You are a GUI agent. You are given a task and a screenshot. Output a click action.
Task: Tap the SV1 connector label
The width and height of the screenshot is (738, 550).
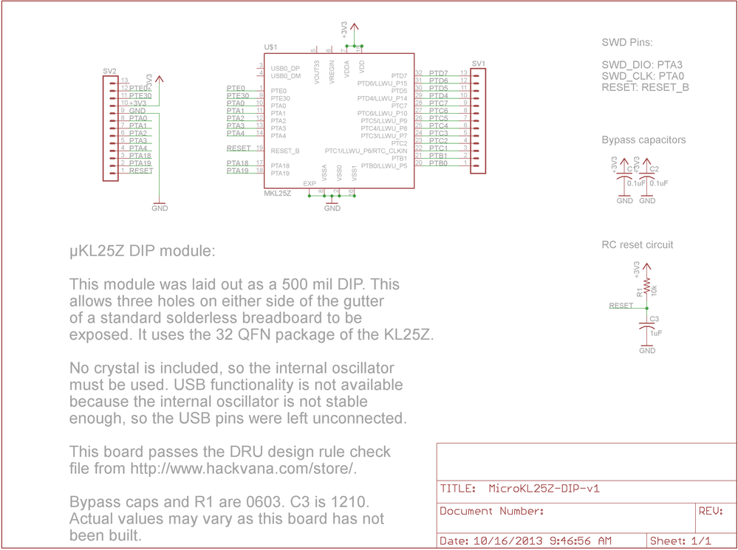[478, 63]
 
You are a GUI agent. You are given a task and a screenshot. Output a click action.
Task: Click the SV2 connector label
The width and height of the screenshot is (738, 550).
[109, 71]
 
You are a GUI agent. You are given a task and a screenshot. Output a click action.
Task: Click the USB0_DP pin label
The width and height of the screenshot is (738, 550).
[285, 69]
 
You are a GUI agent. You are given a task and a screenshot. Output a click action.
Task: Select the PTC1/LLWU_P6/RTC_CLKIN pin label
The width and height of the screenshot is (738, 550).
[366, 151]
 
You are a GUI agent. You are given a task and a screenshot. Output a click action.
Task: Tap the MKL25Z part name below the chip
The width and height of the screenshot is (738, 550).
[277, 193]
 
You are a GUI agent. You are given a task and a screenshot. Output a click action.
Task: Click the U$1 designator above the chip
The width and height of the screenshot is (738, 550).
[270, 47]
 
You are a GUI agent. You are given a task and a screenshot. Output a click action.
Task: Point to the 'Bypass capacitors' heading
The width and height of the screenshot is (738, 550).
[643, 140]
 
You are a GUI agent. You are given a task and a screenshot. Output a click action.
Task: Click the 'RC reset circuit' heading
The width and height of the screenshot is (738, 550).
[638, 244]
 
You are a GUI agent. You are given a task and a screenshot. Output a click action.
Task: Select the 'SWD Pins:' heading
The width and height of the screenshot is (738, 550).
[627, 43]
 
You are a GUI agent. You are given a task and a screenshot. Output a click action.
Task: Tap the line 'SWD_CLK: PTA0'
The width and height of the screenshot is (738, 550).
[642, 75]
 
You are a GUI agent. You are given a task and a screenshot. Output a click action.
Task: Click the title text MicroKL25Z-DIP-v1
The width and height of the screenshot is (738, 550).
[544, 488]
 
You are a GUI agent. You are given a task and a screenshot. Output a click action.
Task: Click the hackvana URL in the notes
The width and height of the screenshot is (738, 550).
[244, 469]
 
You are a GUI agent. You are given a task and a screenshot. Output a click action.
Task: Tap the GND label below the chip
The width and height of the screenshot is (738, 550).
[332, 208]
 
